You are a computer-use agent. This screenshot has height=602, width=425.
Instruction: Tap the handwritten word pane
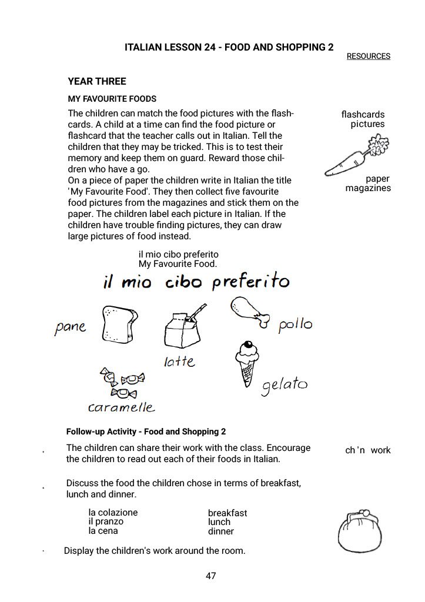[70, 326]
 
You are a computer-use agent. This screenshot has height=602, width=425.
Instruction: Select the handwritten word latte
[180, 361]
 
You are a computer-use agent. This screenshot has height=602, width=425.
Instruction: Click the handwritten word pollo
[295, 325]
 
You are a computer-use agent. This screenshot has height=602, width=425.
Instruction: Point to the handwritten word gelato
[285, 385]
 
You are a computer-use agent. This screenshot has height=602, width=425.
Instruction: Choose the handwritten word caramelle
[121, 407]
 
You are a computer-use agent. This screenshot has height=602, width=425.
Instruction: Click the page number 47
[211, 576]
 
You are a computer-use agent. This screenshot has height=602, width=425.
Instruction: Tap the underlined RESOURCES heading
[369, 56]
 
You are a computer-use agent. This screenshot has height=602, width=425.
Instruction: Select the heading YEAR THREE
[97, 81]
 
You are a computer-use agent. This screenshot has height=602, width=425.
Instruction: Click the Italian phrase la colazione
[113, 512]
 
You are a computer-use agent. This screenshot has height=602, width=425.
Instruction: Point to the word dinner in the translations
[221, 531]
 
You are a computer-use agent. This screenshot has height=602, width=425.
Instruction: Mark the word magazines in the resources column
[368, 188]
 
